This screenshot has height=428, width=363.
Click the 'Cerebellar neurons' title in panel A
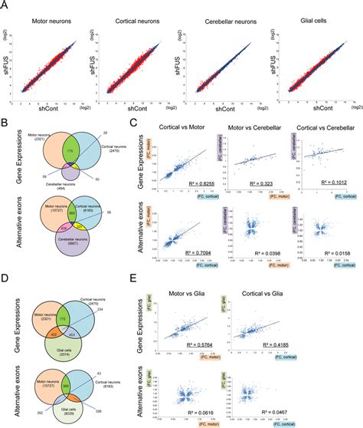pyautogui.click(x=224, y=16)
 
